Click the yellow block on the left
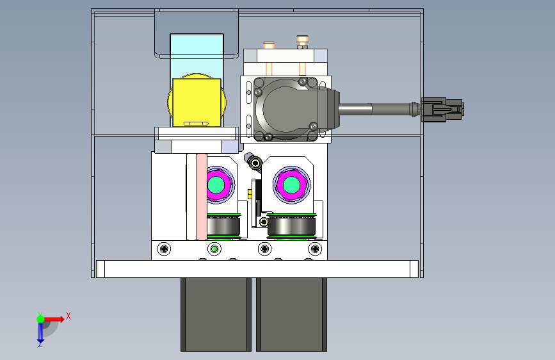(x=197, y=102)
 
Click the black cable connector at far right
(x=442, y=110)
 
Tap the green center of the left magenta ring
(x=216, y=184)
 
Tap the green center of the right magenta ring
(x=292, y=184)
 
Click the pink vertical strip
(x=202, y=197)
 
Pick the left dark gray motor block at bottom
(x=216, y=315)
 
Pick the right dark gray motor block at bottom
(x=292, y=315)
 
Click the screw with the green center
(x=214, y=249)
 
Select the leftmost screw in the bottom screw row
(x=163, y=249)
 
